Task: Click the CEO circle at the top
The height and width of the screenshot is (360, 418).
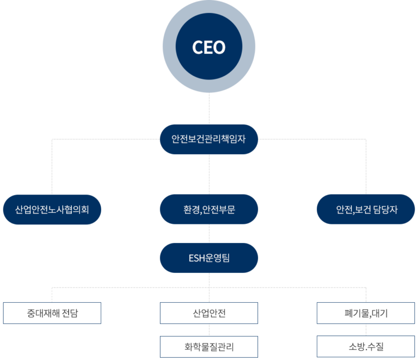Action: pos(209,47)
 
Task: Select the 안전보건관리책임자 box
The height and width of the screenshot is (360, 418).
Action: pos(209,139)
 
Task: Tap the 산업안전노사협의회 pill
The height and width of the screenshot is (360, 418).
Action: pos(52,209)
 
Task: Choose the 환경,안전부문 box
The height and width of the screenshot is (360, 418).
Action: pos(209,209)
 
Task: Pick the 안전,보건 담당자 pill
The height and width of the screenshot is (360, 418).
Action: pos(366,209)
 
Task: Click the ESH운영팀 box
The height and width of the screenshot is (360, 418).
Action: pos(209,258)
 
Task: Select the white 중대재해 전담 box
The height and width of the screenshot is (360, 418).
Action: pos(52,313)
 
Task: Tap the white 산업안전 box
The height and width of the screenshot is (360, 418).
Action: pos(209,313)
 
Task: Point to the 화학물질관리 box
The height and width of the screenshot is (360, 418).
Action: pos(209,346)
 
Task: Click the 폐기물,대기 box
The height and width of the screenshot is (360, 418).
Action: pos(366,313)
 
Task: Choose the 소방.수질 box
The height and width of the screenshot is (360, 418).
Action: pos(366,346)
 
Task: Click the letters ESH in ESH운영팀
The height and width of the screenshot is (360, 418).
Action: pos(197,258)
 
